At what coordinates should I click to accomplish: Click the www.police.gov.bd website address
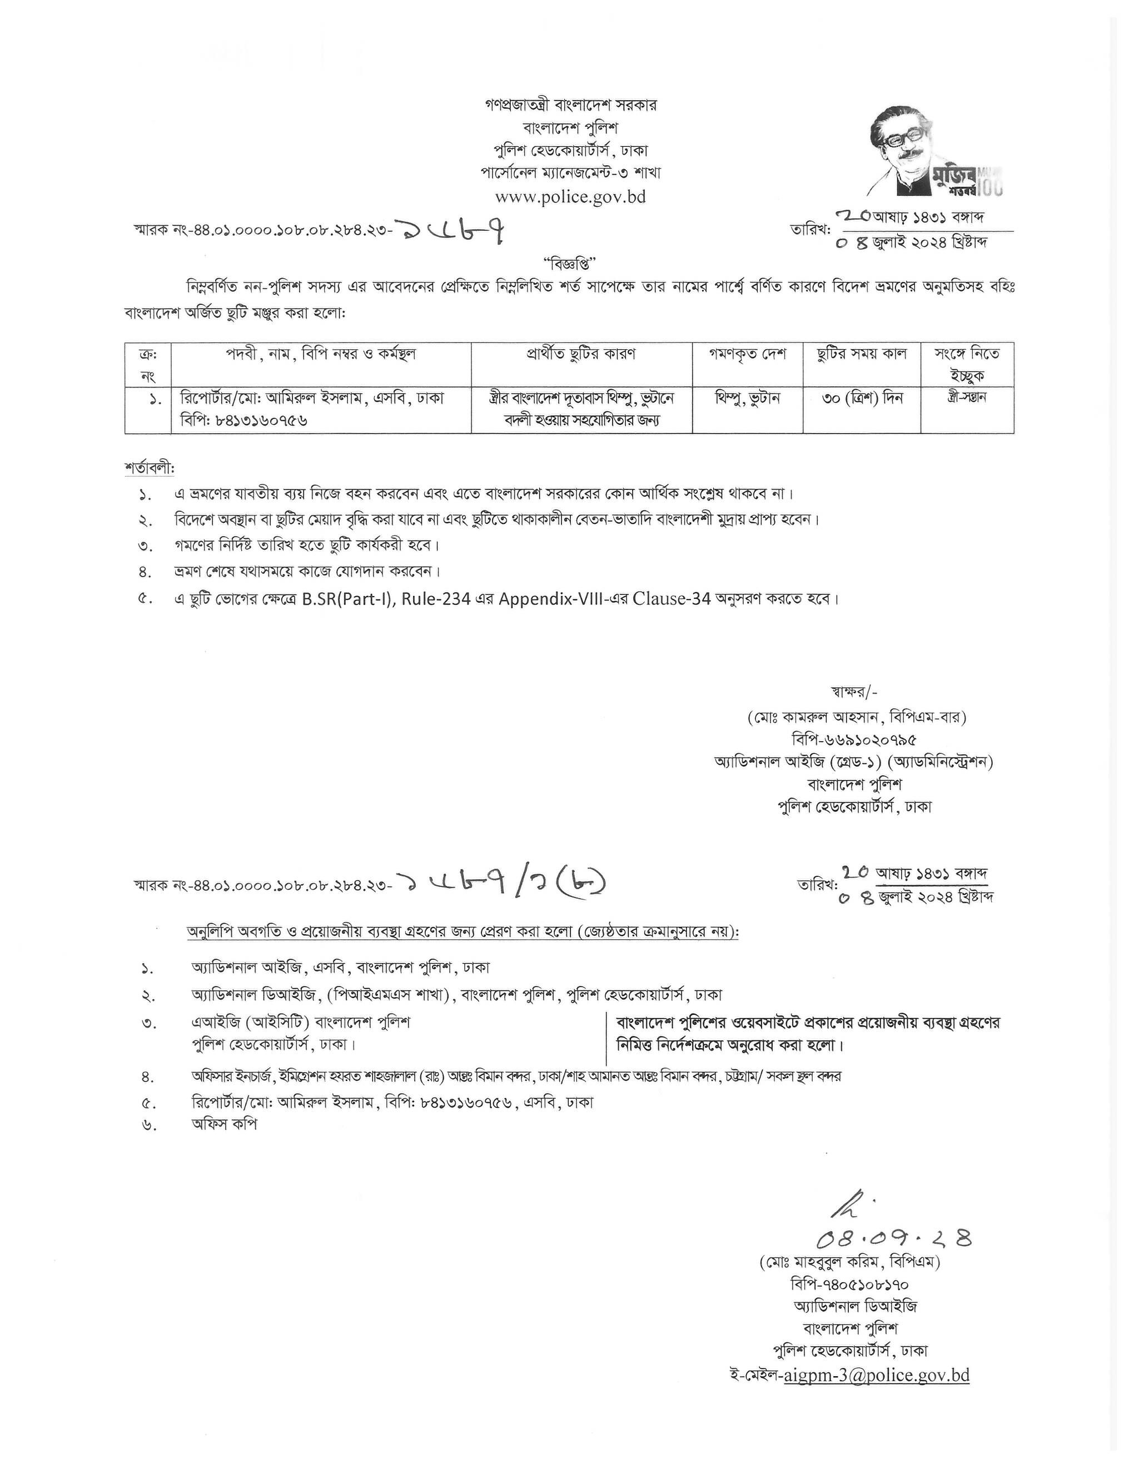click(570, 197)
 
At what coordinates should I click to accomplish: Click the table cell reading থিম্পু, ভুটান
click(747, 398)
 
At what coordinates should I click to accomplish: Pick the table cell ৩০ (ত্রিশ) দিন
click(862, 398)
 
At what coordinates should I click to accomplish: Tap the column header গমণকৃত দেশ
click(747, 354)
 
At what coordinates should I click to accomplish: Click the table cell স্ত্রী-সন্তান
click(967, 397)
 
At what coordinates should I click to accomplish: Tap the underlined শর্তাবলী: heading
click(149, 467)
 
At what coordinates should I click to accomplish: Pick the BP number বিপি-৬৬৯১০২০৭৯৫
click(854, 740)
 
